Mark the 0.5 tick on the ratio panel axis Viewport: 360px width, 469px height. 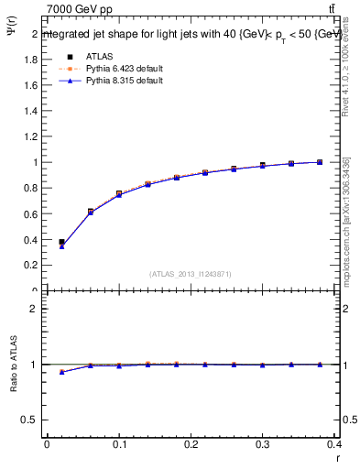click(30, 420)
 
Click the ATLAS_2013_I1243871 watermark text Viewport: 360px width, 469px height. click(191, 274)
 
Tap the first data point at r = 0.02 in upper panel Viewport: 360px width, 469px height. click(61, 243)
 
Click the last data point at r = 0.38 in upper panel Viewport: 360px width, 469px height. click(320, 162)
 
